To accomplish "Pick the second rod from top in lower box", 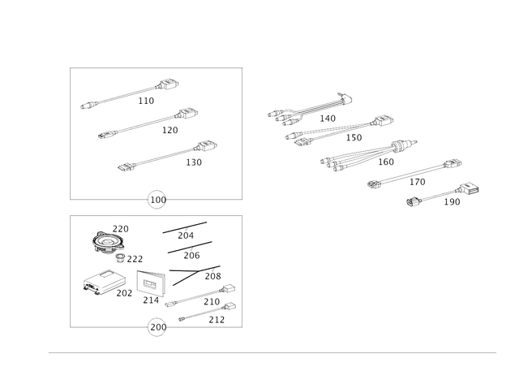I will (189, 247).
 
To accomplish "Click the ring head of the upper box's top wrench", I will (169, 84).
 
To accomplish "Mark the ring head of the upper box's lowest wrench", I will (207, 146).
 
